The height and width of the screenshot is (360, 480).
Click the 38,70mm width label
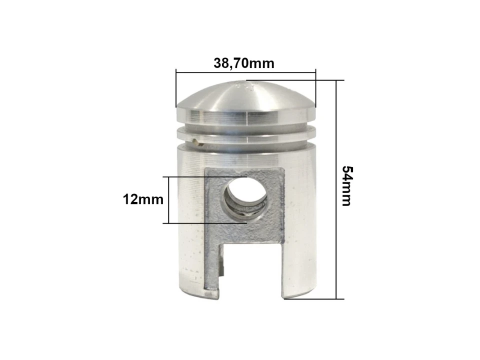click(244, 63)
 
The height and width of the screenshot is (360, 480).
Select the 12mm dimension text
click(143, 199)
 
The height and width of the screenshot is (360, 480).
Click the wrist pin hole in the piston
click(244, 196)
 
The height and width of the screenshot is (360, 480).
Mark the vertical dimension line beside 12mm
click(168, 200)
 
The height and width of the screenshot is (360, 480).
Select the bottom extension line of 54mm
click(315, 299)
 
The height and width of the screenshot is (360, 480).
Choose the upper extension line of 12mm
click(205, 176)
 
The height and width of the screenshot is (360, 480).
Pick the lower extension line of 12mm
click(205, 223)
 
